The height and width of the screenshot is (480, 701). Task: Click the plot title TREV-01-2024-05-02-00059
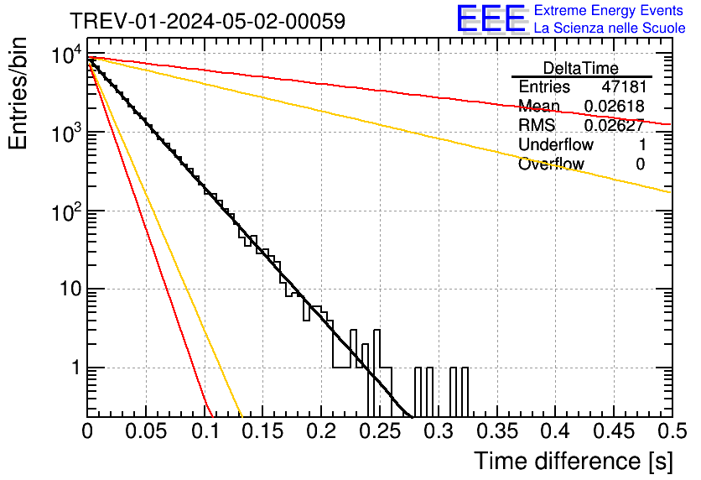[206, 22]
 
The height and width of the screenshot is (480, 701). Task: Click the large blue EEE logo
[491, 18]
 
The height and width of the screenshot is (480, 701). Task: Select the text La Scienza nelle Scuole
[610, 29]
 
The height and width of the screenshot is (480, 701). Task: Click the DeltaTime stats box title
[581, 68]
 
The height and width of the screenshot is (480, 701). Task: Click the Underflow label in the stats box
[556, 145]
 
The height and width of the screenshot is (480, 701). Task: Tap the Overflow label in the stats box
[551, 164]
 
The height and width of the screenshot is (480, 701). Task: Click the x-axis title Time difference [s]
[572, 461]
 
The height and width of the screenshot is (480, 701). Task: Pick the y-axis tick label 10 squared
[65, 213]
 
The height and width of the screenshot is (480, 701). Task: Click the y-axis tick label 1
[74, 368]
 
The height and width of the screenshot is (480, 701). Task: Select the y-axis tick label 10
[68, 290]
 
